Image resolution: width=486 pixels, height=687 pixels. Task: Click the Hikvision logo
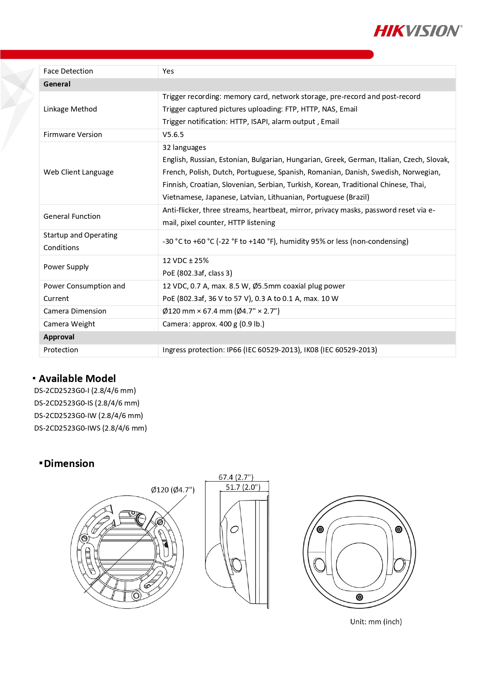tap(417, 31)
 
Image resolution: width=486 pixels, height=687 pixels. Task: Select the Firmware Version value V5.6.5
tap(173, 135)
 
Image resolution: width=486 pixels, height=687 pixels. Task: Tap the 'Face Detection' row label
tap(68, 71)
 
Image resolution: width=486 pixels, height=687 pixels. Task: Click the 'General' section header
tap(57, 84)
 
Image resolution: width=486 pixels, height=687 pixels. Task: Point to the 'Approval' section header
tap(59, 337)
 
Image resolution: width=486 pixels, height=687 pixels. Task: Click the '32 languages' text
tap(184, 148)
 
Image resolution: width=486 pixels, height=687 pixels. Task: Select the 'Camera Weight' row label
tap(69, 324)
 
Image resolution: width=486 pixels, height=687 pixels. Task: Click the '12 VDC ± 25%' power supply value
tap(186, 261)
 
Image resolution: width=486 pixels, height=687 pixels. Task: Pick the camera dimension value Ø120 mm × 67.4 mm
tap(221, 311)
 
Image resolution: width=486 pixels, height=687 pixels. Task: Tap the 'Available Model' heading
tap(77, 379)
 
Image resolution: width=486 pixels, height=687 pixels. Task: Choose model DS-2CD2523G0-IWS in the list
tap(90, 428)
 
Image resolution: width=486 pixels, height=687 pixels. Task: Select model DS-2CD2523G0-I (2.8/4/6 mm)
tap(85, 391)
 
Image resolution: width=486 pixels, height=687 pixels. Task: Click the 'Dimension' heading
tap(69, 463)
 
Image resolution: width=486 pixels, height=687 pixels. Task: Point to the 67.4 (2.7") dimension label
tap(236, 477)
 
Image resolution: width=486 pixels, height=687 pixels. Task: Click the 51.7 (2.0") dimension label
tap(243, 487)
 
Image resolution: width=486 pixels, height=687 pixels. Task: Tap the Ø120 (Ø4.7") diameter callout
tap(173, 490)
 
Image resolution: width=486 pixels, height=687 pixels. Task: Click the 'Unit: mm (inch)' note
tap(376, 622)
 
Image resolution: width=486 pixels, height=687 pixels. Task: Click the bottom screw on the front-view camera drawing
tap(360, 597)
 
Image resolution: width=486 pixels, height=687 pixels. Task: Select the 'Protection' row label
tap(61, 350)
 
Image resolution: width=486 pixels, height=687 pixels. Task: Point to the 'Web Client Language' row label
tap(78, 172)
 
